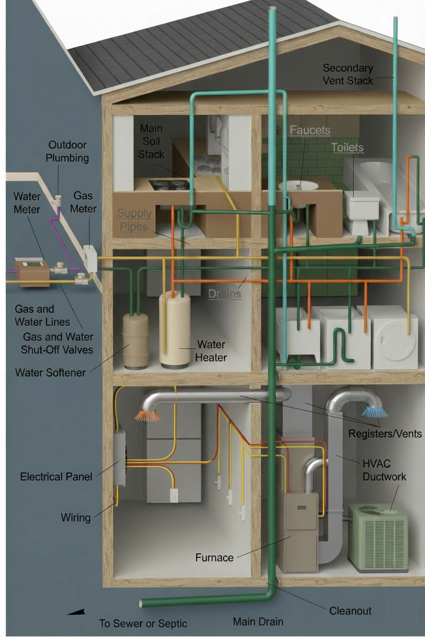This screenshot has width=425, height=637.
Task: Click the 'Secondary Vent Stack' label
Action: [348, 74]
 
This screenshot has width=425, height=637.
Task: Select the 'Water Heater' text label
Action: [211, 351]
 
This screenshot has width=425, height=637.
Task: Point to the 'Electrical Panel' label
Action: [56, 477]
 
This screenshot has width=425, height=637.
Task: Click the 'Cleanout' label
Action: [350, 610]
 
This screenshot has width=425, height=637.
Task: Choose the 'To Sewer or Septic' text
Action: [143, 623]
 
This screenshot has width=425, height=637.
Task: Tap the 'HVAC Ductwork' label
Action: [384, 470]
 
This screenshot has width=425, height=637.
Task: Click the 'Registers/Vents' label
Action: [385, 434]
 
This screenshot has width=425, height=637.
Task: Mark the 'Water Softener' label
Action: [50, 372]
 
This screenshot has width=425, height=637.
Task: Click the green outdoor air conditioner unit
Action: [379, 536]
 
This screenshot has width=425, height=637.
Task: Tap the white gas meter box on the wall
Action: [90, 259]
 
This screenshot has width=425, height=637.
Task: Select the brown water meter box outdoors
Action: [31, 271]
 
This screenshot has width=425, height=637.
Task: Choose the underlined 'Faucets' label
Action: [310, 130]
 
